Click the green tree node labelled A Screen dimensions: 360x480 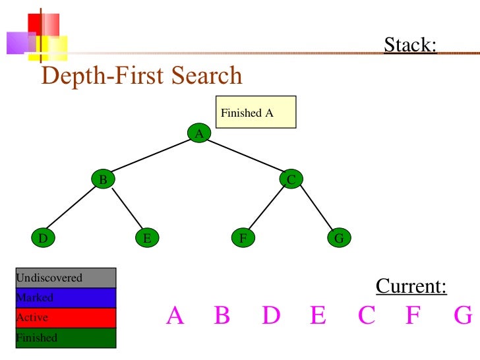[x=198, y=134]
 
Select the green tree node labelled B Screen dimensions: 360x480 [x=103, y=179]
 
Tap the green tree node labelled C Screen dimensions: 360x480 [x=291, y=179]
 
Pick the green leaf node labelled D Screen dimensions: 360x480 [x=43, y=238]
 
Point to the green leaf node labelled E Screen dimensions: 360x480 [x=147, y=238]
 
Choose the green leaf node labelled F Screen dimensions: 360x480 [x=243, y=238]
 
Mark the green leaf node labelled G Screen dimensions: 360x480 [x=339, y=238]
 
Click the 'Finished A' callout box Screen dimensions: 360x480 [x=256, y=112]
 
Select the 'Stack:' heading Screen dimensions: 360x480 [x=410, y=45]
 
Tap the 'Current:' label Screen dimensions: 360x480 [x=411, y=287]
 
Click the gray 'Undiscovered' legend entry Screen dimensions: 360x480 [x=65, y=278]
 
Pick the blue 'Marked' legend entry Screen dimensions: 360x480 [x=65, y=297]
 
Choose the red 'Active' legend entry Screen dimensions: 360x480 [x=65, y=317]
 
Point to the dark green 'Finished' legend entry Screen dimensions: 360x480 [x=65, y=338]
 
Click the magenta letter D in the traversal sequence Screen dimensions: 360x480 [x=271, y=316]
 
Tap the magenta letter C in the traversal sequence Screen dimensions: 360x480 [x=367, y=316]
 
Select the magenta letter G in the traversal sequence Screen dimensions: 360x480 [x=464, y=316]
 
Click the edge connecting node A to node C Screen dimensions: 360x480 [x=245, y=156]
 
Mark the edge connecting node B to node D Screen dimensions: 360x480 [x=73, y=208]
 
